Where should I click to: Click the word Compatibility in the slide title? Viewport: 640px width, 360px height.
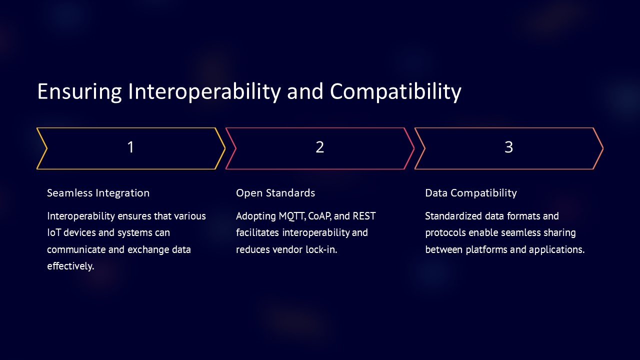coord(395,91)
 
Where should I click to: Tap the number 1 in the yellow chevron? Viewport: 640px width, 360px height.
coord(130,147)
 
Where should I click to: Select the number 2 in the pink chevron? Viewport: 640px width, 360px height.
coord(320,147)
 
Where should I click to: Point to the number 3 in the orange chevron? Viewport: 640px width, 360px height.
coord(508,147)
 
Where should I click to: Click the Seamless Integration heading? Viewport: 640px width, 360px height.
coord(98,193)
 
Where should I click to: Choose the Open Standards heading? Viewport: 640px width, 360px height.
coord(275,193)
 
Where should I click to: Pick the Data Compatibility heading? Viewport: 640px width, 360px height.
coord(471,193)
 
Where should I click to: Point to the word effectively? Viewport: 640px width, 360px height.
coord(70,266)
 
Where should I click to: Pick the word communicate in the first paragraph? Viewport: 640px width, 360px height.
coord(76,249)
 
